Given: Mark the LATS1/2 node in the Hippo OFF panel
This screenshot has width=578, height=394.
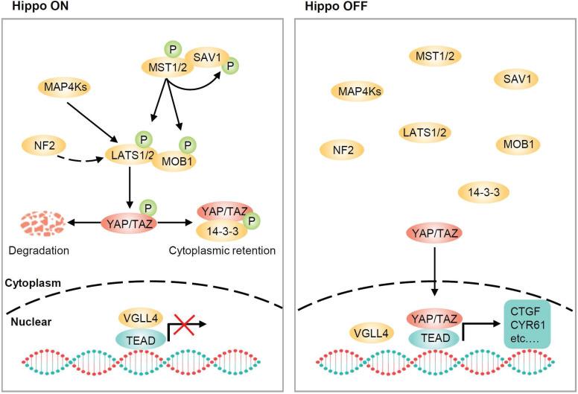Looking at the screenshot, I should (x=425, y=133).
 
